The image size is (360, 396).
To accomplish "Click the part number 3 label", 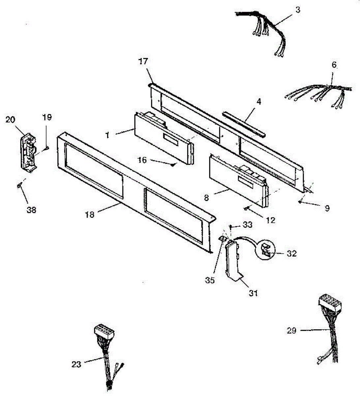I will tap(298, 10).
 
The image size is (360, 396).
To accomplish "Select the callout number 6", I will tap(334, 65).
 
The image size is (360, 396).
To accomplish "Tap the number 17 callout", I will tap(144, 61).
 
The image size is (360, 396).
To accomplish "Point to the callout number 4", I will tap(259, 102).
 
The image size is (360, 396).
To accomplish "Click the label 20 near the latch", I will tap(10, 119).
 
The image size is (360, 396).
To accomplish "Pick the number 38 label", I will tap(32, 209).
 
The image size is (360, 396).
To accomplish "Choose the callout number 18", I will tap(89, 215).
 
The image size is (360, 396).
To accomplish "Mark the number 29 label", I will tap(291, 330).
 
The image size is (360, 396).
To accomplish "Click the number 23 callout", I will tap(76, 365).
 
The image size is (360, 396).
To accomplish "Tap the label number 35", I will tap(210, 280).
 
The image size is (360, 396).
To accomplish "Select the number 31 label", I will tap(254, 292).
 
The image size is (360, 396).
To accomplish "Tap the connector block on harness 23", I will tap(104, 330).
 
